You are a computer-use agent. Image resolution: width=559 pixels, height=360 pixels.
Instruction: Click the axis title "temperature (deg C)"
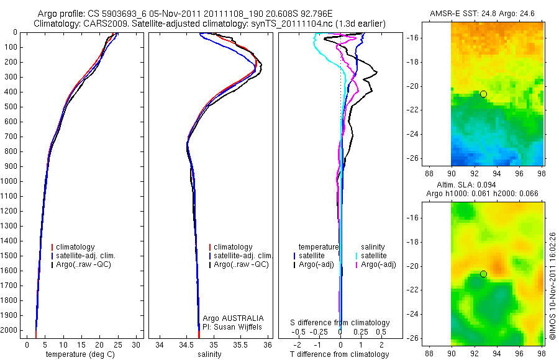pos(78,354)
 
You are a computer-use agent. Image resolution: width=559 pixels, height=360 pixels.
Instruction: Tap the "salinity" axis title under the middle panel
pos(210,354)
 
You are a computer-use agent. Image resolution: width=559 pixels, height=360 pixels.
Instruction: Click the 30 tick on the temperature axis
pos(137,344)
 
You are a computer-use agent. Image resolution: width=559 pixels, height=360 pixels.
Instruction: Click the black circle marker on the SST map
pos(483,94)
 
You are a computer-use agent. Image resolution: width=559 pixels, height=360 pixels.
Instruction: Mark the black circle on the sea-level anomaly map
pos(483,274)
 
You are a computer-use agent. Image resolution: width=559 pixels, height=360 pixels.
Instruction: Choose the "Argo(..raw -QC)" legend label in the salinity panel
pos(241,264)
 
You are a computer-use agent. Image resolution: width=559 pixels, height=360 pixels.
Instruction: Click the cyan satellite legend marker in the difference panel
pos(357,256)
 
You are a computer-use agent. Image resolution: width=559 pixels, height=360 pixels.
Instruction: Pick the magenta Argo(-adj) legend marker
pos(357,264)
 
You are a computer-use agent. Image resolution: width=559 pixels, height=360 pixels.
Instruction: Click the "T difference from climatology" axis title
pos(340,354)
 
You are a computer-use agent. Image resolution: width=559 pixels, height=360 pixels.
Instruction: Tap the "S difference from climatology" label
pos(340,323)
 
